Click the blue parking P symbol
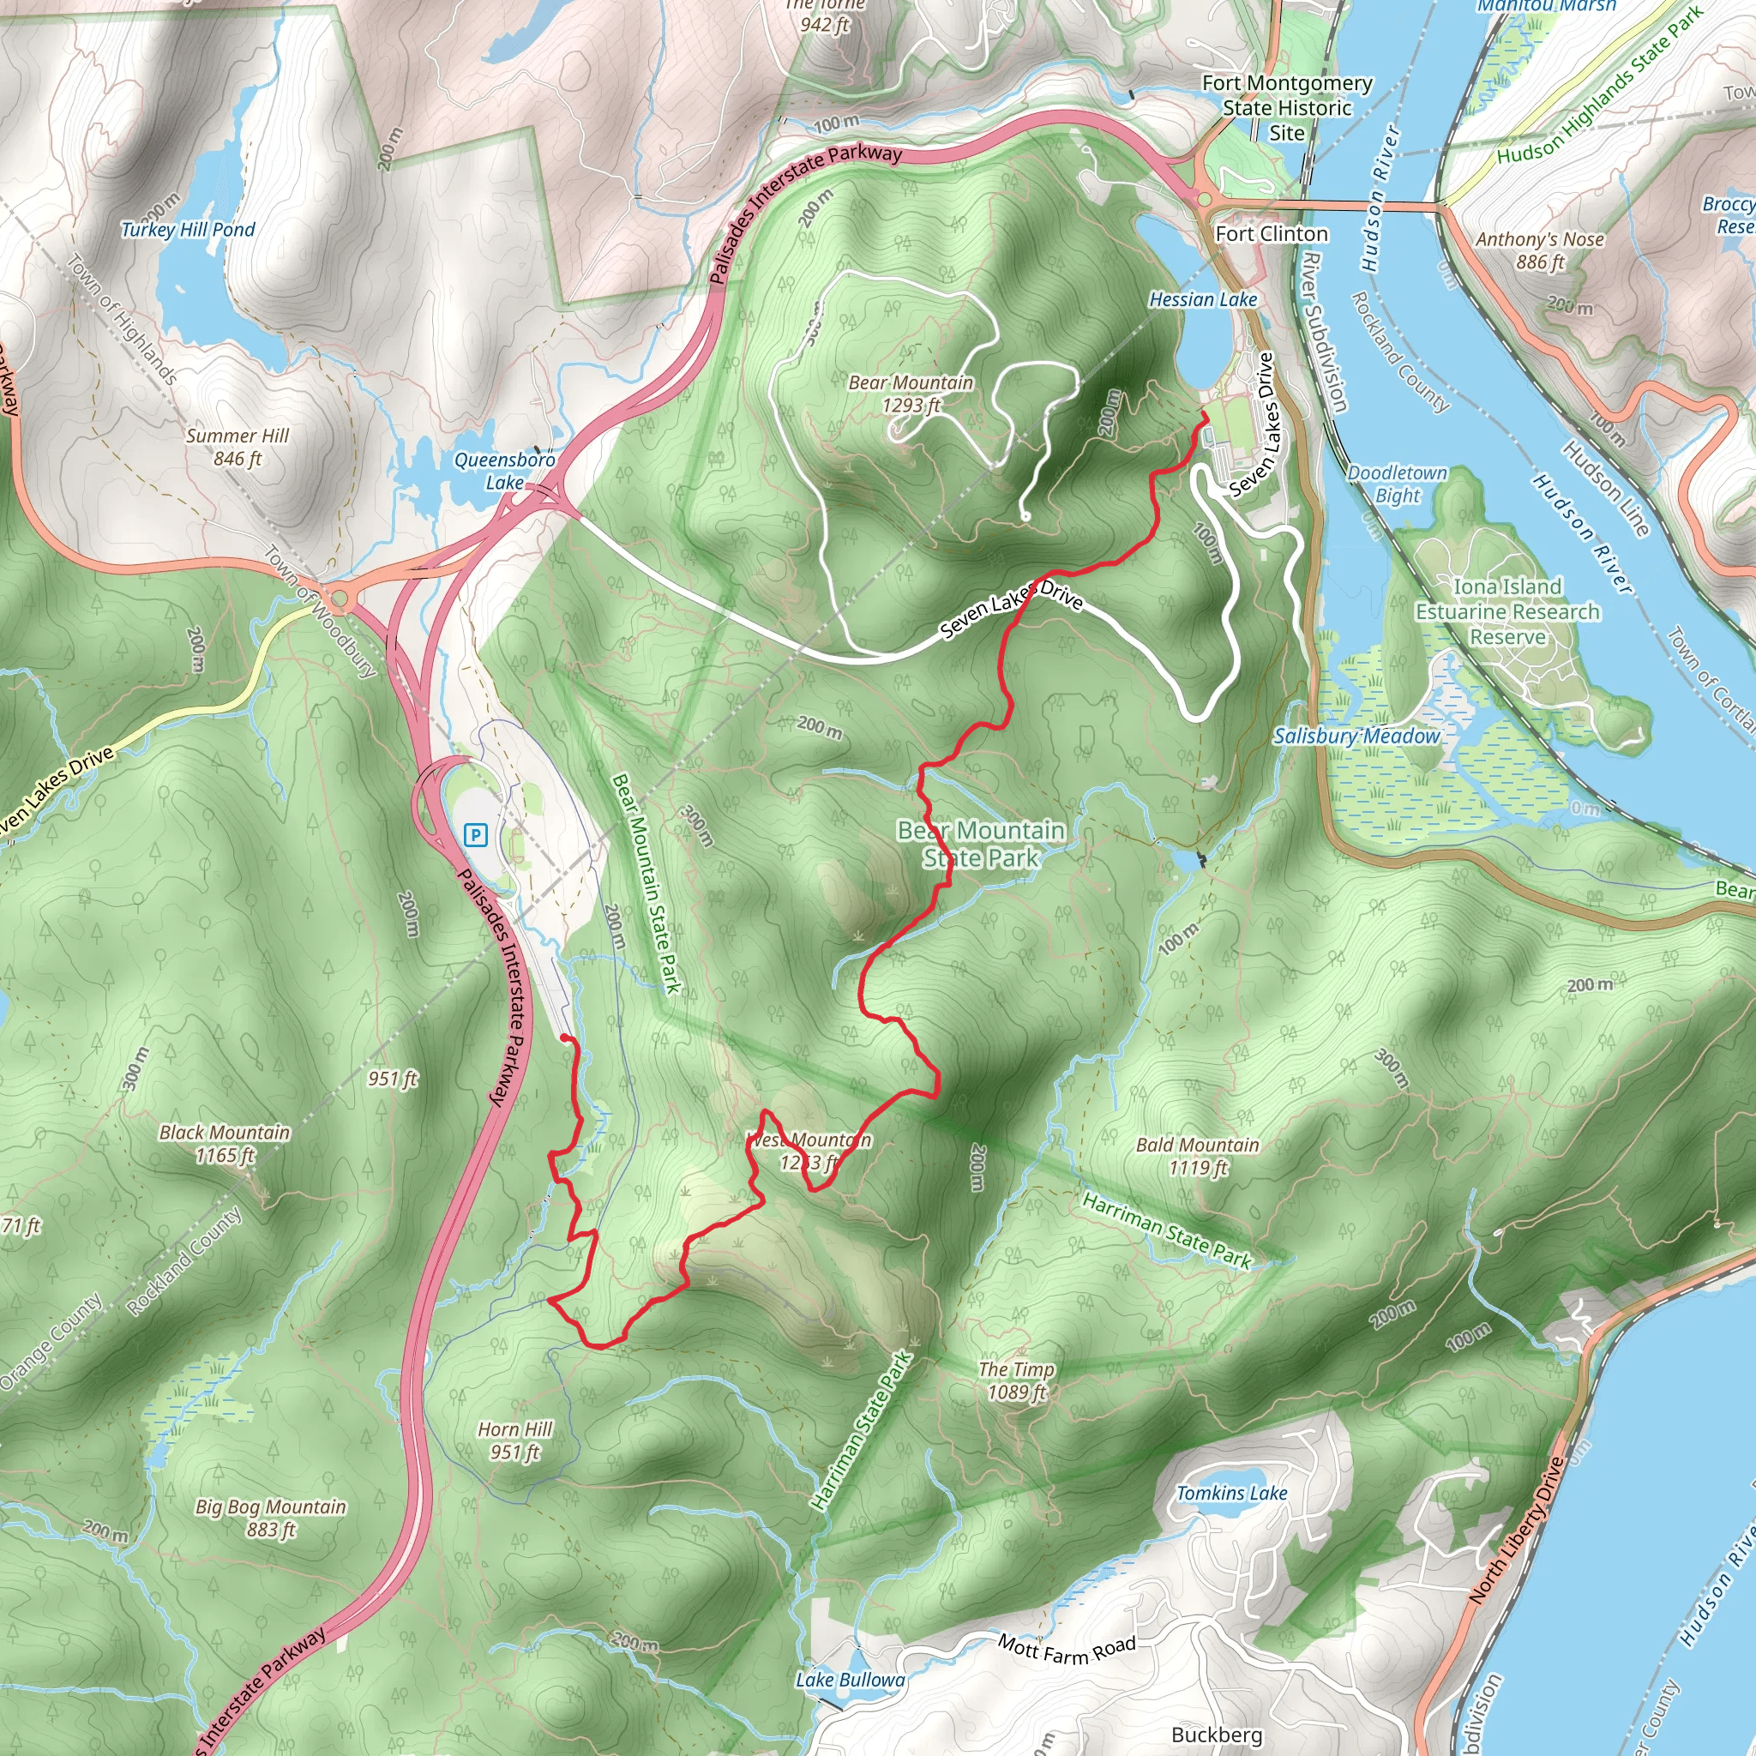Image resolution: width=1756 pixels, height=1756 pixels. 475,834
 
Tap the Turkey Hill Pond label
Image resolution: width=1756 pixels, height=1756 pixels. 188,230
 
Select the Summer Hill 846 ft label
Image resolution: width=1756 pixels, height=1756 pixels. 238,448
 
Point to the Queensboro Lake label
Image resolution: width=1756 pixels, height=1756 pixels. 504,471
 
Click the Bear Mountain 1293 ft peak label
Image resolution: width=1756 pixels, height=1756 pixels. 911,394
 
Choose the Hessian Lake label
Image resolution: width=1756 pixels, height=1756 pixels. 1202,300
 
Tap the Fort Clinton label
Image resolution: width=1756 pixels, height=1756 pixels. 1272,234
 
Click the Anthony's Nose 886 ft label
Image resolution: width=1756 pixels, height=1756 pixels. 1540,250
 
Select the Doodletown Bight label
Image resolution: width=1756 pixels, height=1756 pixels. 1397,484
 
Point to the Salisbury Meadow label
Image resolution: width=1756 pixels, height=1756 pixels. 1356,737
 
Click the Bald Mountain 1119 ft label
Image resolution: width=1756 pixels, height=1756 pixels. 1198,1156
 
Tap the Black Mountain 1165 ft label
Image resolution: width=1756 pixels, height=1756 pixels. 225,1144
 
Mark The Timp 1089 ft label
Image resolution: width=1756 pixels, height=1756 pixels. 1016,1380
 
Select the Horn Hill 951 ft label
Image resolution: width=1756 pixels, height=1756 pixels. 515,1440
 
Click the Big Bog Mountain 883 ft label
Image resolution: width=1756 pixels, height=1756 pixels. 271,1518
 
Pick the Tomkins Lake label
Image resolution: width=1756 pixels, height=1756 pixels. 1231,1494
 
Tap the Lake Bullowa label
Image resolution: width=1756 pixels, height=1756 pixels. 850,1681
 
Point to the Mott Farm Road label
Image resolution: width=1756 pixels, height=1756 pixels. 1067,1650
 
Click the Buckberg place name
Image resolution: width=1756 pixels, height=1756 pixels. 1217,1735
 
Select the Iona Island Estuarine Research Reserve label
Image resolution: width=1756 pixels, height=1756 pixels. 1507,611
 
